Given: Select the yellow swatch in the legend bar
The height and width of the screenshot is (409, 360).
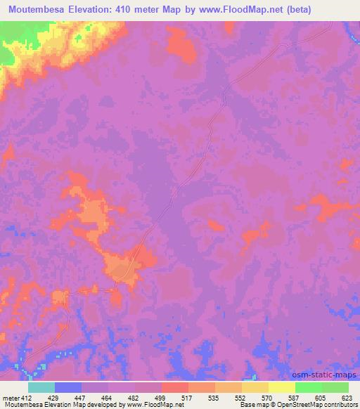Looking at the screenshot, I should pyautogui.click(x=281, y=387).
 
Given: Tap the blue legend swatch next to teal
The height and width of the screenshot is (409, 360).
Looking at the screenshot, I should pyautogui.click(x=67, y=387).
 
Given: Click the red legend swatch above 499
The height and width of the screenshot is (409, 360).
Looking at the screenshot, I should pyautogui.click(x=174, y=387).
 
